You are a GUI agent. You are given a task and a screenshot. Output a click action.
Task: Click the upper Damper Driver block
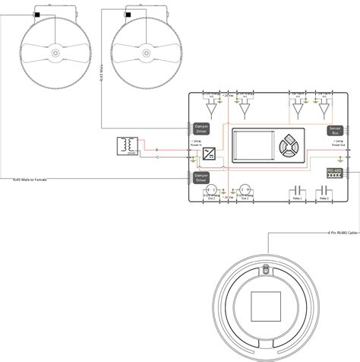pos(201,130)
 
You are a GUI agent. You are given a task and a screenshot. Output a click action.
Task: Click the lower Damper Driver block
pos(201,176)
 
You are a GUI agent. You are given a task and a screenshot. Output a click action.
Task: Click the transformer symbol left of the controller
pos(128,145)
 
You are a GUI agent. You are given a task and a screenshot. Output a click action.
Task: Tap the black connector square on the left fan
pos(37,14)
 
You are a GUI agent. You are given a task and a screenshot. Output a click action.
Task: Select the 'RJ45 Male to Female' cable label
pos(29,179)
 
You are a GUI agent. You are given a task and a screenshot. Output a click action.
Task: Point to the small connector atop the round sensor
pos(265,268)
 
